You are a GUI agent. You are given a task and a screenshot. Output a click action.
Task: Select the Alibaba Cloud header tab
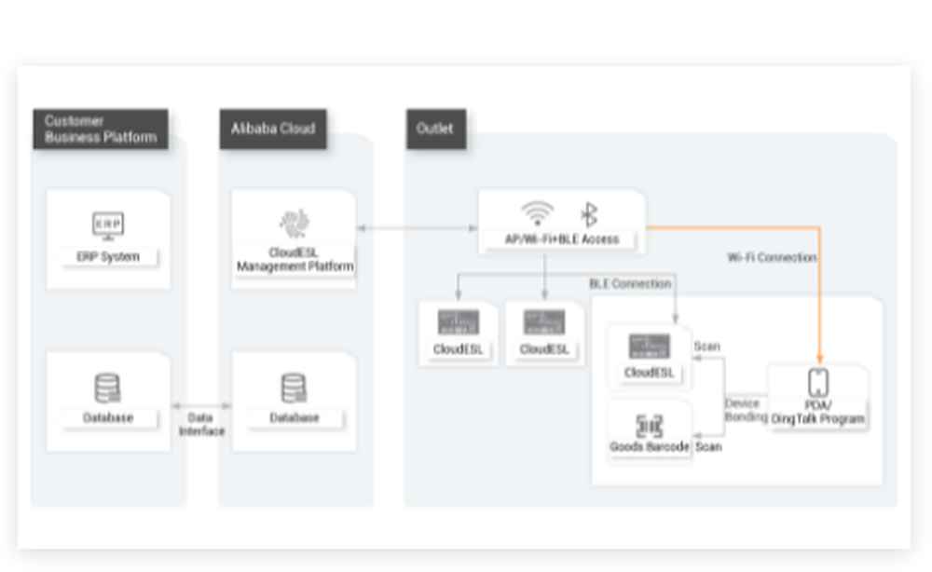point(273,129)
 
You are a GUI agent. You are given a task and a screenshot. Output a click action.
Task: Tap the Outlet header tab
point(435,129)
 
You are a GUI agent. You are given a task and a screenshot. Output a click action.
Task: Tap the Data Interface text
point(201,425)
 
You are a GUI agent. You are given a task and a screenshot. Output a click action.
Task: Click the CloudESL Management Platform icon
point(295,224)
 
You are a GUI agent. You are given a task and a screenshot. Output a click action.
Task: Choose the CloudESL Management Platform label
point(295,260)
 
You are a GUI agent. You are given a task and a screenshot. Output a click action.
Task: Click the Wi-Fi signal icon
point(536,214)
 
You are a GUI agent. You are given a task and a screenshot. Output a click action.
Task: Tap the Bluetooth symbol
point(589,214)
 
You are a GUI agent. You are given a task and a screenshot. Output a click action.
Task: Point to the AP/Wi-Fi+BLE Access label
point(561,239)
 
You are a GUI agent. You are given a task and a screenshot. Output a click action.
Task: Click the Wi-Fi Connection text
point(772,257)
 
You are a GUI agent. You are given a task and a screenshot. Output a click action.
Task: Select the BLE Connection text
point(630,283)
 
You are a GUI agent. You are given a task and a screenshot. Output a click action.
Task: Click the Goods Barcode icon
point(650,426)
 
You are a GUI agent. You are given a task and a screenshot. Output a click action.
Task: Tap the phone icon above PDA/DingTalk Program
point(818,383)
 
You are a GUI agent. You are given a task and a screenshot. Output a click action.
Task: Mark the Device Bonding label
point(746,411)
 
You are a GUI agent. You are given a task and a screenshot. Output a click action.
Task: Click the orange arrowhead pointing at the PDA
point(819,360)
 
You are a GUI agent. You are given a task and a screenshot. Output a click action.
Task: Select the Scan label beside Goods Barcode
point(708,447)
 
